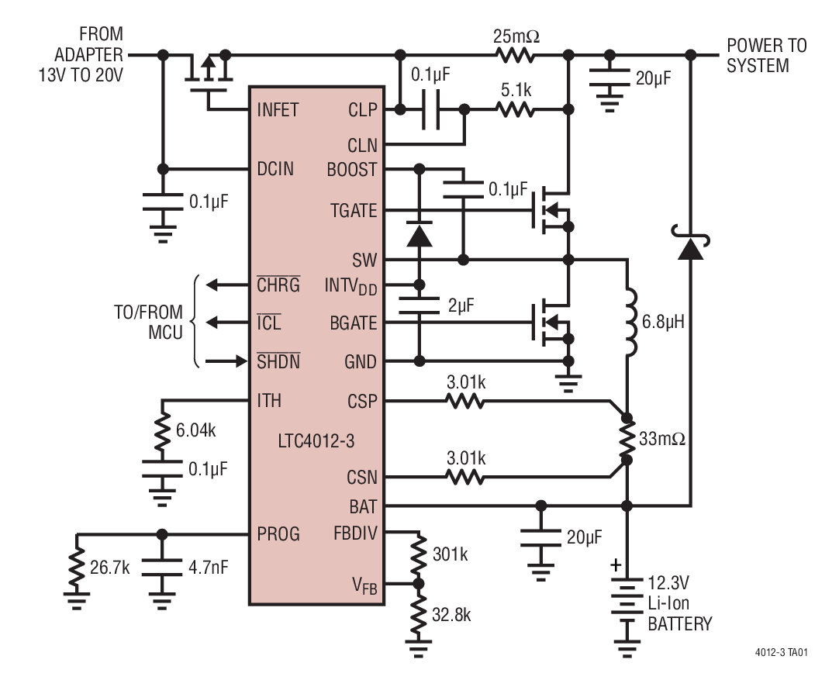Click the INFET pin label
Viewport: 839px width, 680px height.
(277, 110)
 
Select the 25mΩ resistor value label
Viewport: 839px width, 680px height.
(516, 36)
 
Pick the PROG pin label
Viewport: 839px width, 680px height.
(279, 533)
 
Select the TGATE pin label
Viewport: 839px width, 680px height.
(354, 211)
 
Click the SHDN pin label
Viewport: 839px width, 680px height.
(278, 362)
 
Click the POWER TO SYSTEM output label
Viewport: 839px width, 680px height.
(766, 55)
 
